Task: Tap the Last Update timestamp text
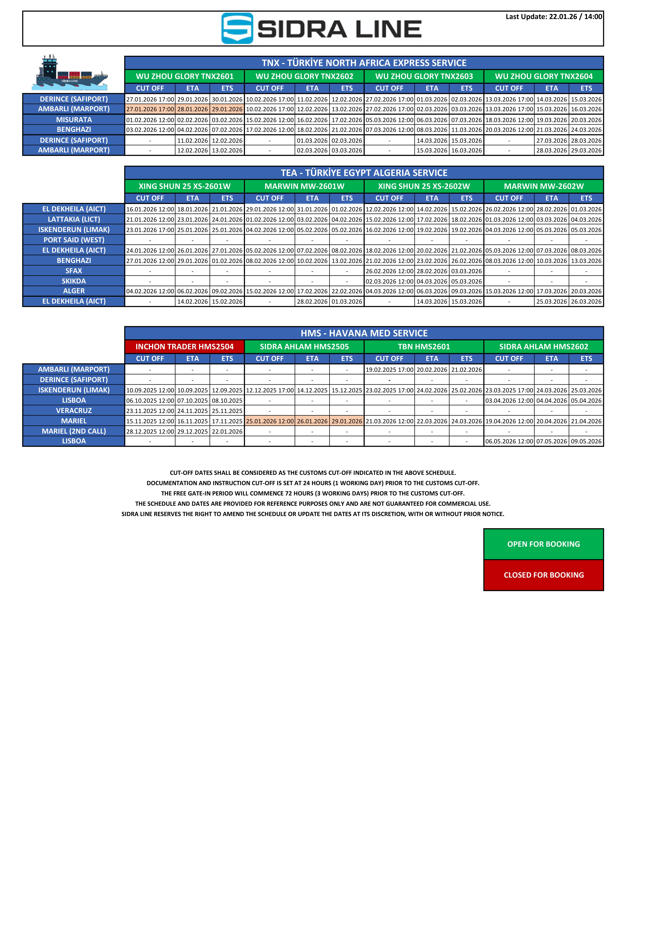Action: (x=554, y=16)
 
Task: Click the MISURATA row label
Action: (x=74, y=120)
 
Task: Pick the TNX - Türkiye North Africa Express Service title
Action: (x=364, y=63)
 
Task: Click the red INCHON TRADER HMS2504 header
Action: (x=185, y=346)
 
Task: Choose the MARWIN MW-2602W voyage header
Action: (x=544, y=186)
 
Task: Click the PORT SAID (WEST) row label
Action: (x=74, y=240)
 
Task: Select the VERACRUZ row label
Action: (x=74, y=411)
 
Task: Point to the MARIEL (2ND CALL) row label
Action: (x=74, y=431)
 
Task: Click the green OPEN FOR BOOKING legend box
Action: (x=544, y=544)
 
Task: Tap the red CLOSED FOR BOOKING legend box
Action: (x=544, y=575)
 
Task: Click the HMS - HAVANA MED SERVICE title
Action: (x=364, y=333)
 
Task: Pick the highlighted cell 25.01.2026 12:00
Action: (x=270, y=421)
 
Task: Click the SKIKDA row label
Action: (x=74, y=281)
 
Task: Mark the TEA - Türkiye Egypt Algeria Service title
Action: (x=364, y=173)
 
